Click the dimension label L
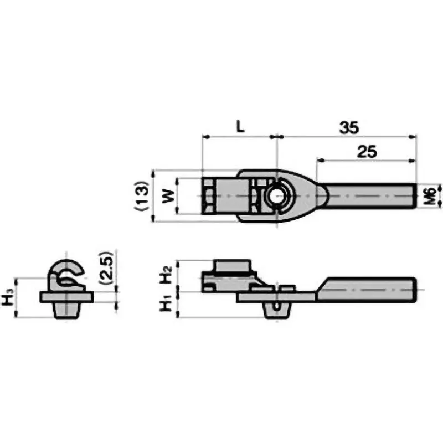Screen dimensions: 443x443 [239, 126]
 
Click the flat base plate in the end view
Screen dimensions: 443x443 [65, 296]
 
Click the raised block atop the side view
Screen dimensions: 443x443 [231, 267]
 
